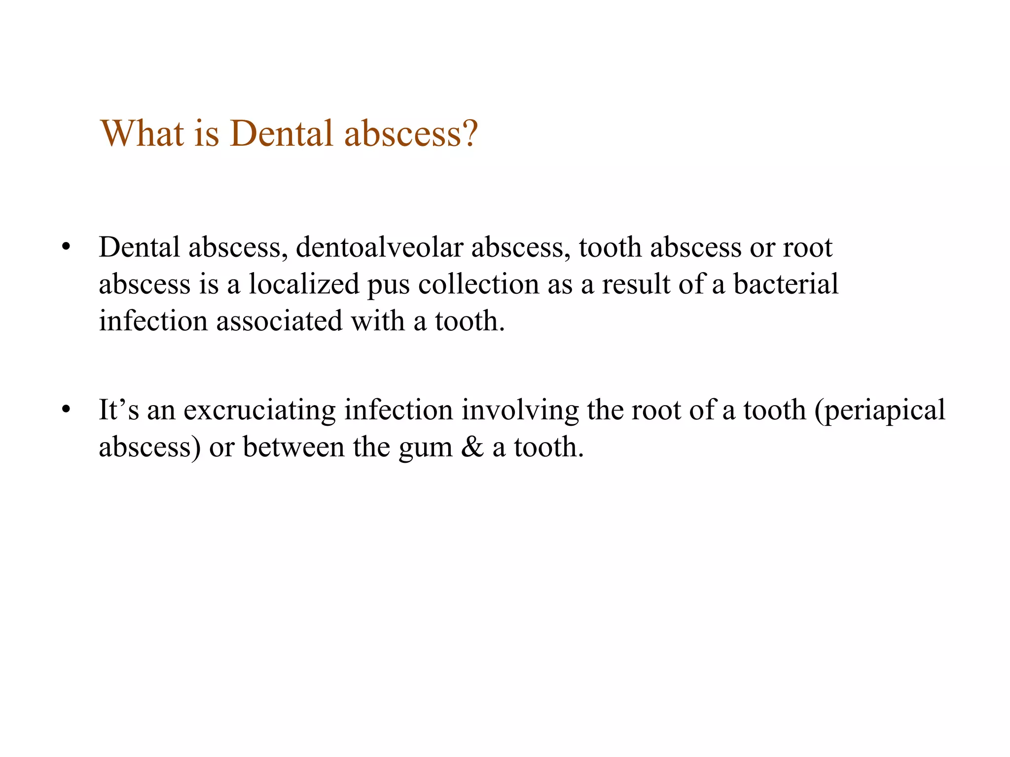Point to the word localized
[304, 284]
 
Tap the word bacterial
[786, 284]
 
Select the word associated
[279, 321]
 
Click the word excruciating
[259, 410]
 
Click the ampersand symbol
[472, 447]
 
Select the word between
[293, 447]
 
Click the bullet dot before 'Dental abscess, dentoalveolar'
[66, 247]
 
